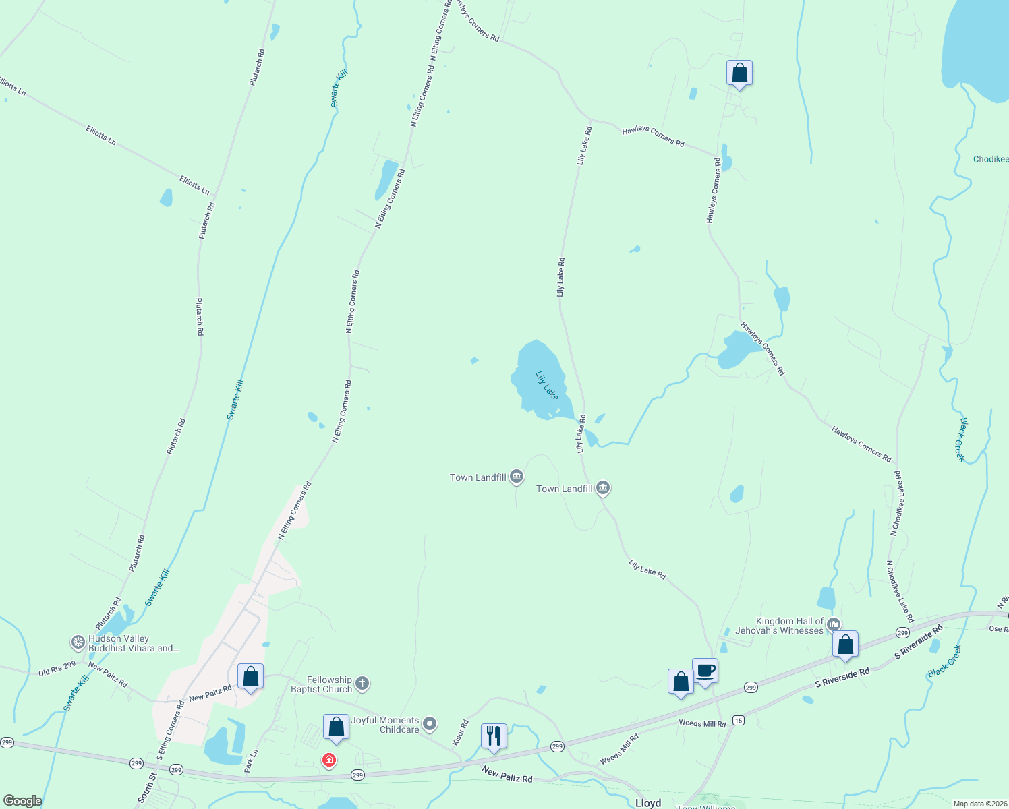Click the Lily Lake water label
coord(547,386)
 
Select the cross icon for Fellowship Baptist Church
coord(362,684)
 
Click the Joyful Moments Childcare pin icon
coord(430,725)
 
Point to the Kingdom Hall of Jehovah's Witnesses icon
coord(834,624)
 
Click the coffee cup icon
coord(705,671)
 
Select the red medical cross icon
coord(329,760)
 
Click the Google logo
coord(22,800)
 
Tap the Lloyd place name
coord(648,803)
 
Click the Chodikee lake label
coord(991,159)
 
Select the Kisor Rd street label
coord(461,733)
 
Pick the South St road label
coord(147,787)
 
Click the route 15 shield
coord(739,720)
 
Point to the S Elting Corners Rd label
coord(171,730)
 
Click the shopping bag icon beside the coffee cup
coord(681,682)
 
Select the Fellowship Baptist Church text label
coord(322,684)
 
